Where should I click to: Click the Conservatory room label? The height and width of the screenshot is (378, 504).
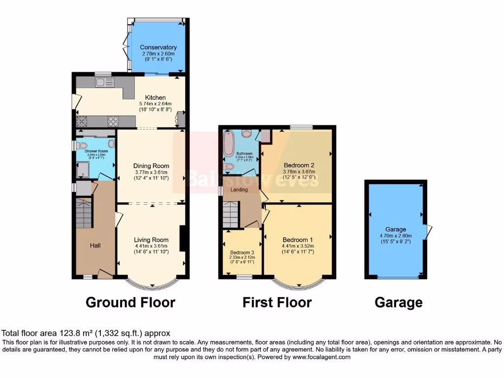point(158,47)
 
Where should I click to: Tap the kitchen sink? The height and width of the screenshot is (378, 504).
point(105,82)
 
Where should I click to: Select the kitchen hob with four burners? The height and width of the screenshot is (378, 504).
point(113,121)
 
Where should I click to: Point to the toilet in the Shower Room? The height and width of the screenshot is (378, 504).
point(82,145)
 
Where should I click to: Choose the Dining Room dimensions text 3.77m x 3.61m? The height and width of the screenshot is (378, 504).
point(152,172)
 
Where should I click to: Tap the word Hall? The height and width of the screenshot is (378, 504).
point(95,245)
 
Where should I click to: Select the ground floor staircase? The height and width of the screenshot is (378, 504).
point(84,213)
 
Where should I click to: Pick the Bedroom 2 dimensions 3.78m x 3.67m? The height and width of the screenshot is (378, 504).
point(299,172)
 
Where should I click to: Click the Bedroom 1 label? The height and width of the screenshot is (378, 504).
point(298,240)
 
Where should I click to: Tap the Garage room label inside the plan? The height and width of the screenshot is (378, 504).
point(396,229)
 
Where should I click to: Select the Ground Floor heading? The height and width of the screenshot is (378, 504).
point(130,302)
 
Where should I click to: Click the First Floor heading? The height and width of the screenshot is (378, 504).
point(277,302)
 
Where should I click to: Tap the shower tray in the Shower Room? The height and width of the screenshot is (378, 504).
point(82,170)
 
